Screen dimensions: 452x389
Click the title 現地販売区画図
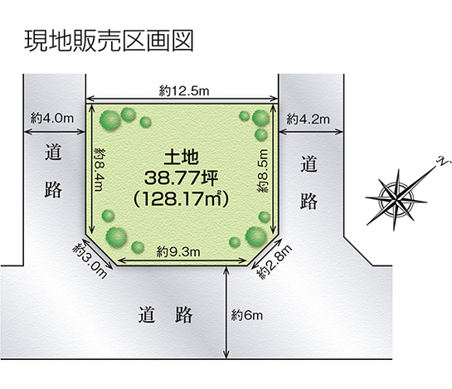[109, 41]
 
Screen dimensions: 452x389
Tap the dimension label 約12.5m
[184, 91]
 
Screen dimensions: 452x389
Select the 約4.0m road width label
[52, 118]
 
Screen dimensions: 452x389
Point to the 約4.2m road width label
[308, 119]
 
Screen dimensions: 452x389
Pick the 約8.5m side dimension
[263, 171]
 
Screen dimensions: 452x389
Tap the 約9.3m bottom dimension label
[178, 252]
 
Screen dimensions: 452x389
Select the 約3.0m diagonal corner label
[90, 260]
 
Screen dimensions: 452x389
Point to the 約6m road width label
[247, 315]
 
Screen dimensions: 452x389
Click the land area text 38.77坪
[181, 177]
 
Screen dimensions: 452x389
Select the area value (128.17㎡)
[181, 199]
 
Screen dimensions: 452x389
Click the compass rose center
[396, 199]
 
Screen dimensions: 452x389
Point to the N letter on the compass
[441, 162]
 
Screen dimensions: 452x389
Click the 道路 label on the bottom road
[166, 315]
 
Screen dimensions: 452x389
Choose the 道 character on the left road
[53, 153]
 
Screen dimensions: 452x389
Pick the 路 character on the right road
[309, 201]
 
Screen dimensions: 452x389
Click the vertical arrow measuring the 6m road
[226, 313]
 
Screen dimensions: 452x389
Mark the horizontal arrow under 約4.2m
[311, 132]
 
